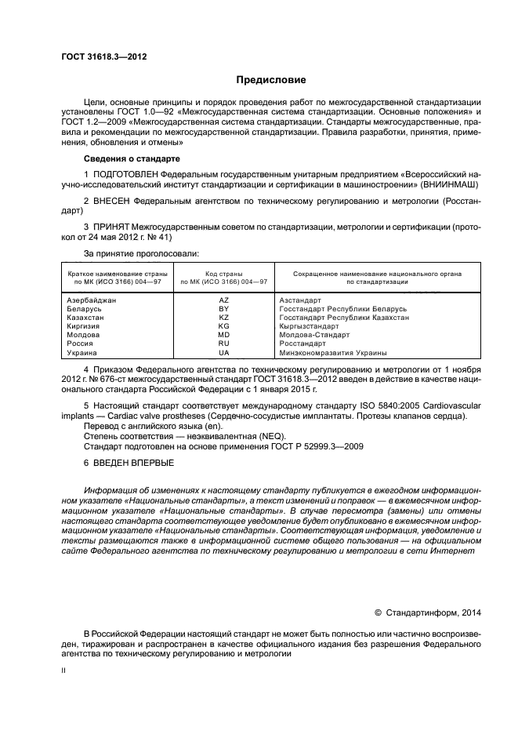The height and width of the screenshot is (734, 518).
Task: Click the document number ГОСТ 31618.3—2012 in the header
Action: [103, 57]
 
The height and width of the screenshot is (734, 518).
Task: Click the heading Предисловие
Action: [271, 80]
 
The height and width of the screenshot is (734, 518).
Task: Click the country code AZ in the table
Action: [224, 300]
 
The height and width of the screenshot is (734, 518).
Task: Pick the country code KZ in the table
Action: [224, 318]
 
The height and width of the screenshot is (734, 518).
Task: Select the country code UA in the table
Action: [224, 352]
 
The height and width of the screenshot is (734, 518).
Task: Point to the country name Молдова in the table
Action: [84, 335]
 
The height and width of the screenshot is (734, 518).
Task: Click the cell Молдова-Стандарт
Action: [314, 335]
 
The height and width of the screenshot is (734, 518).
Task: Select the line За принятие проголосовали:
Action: [141, 253]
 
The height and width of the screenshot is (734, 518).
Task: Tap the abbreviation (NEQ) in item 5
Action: [270, 436]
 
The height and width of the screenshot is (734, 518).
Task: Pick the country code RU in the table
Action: [224, 343]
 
